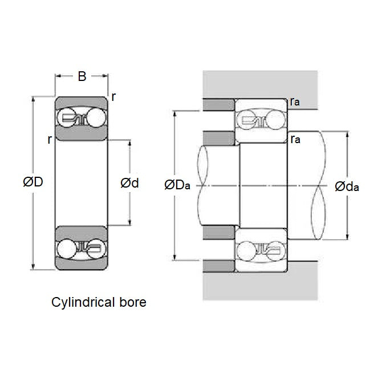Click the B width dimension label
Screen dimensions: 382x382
(82, 77)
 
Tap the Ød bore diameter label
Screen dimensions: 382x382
(129, 183)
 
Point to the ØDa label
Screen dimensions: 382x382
(177, 185)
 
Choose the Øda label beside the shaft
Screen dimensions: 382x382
(347, 186)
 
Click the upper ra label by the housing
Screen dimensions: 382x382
(295, 101)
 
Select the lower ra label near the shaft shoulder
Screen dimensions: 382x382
(295, 139)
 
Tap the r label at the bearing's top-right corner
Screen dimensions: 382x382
(114, 97)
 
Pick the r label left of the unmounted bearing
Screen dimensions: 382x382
(50, 139)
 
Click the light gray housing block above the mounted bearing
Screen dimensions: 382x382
(259, 84)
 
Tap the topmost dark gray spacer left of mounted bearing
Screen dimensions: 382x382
(218, 105)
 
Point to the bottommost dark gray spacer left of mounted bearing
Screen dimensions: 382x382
(218, 266)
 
